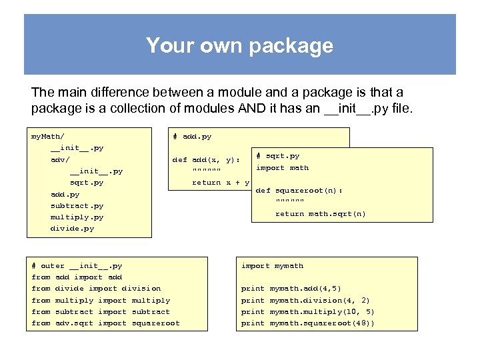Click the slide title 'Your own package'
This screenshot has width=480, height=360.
(239, 45)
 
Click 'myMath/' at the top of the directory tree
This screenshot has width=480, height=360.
(48, 137)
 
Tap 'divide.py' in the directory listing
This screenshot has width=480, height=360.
(72, 229)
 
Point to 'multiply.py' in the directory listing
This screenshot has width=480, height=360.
(77, 217)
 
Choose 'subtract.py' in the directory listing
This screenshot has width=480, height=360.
(77, 206)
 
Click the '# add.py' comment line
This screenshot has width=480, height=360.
(192, 137)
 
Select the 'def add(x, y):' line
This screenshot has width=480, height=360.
(206, 160)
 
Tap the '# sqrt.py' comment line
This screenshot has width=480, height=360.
(278, 156)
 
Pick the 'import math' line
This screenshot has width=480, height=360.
(283, 168)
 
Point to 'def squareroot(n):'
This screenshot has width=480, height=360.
(299, 191)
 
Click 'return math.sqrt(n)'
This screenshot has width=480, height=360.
(321, 214)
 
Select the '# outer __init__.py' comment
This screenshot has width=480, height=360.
(77, 266)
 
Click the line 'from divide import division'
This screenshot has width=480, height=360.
(96, 289)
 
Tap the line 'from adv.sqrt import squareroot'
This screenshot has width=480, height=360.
(105, 323)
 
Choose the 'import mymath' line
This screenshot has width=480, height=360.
(272, 266)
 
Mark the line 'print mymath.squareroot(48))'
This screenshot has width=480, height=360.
(307, 323)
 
